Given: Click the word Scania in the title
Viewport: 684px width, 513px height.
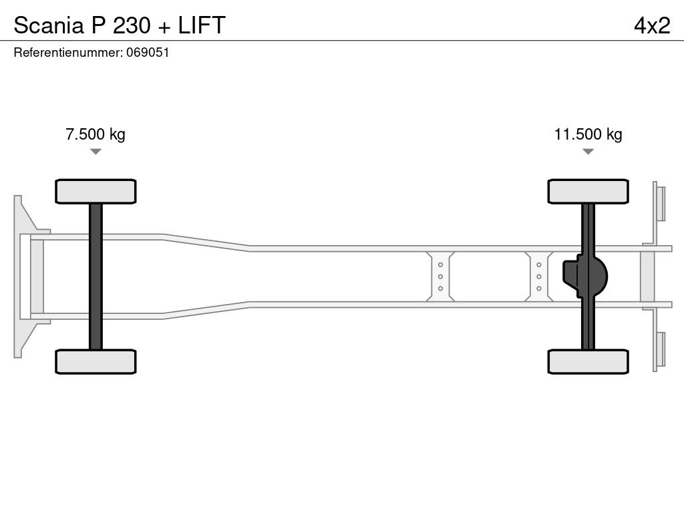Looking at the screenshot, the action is (49, 25).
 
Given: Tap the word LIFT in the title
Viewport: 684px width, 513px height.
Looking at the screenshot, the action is (202, 25).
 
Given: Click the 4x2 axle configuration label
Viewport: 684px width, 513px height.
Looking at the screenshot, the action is (652, 25).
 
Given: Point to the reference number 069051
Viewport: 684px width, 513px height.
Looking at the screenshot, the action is (148, 52).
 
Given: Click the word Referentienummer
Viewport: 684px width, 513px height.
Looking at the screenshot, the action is (68, 52).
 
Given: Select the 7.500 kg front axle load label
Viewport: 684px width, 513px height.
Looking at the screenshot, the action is (95, 134).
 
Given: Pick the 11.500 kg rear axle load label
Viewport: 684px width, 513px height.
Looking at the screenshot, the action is (588, 134).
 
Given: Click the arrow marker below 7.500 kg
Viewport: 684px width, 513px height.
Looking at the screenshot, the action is (96, 152).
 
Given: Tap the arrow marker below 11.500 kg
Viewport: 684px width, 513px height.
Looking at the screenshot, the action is (588, 152).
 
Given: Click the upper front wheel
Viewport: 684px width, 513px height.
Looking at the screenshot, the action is (96, 192).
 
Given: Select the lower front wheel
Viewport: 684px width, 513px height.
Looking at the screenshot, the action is (96, 361).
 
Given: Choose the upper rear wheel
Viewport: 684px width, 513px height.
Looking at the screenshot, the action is (588, 192).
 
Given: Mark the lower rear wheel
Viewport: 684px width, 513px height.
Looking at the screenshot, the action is (588, 361).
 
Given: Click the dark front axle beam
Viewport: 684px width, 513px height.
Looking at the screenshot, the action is (96, 277).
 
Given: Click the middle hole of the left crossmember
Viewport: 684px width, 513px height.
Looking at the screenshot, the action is (441, 277).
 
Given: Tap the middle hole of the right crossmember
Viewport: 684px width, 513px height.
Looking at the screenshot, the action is (539, 277).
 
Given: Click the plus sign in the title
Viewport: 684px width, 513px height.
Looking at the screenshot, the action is (164, 27).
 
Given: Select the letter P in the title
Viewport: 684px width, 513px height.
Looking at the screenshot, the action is (98, 25).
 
